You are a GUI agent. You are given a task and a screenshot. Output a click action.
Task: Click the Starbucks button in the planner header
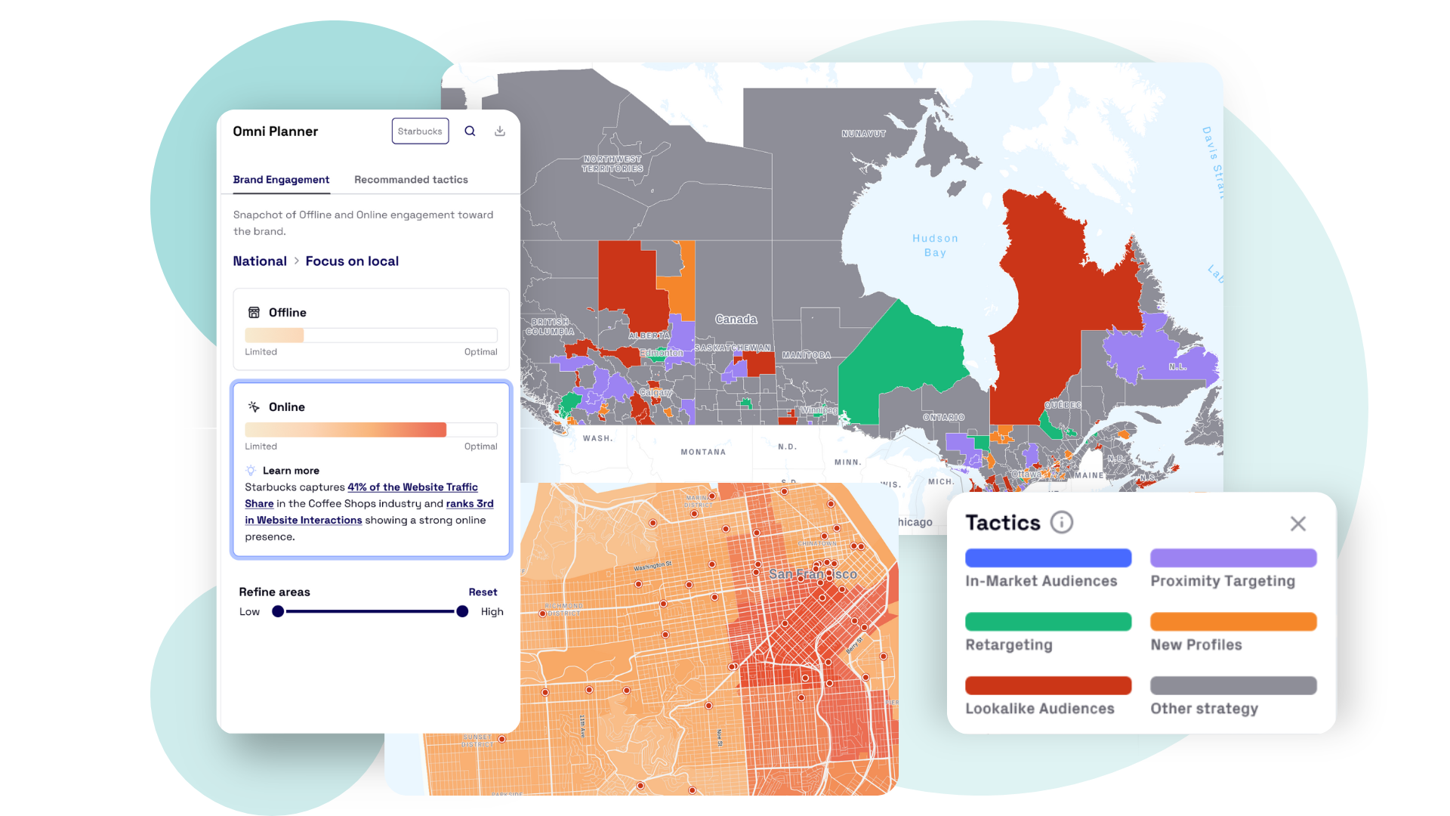pos(420,131)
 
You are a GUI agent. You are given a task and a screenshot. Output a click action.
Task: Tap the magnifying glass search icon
pos(470,131)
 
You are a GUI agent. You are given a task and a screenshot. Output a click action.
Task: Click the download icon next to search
pos(500,131)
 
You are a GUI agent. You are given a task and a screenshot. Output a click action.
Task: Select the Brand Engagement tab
pos(281,180)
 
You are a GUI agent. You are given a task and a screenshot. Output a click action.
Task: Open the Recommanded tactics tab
pos(411,180)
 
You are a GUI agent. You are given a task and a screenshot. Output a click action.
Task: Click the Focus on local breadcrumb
pos(352,261)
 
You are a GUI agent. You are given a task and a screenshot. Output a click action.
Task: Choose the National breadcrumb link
pos(260,261)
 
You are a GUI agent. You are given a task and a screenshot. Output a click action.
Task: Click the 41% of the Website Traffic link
pos(412,487)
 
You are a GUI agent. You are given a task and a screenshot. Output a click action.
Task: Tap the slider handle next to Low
pos(278,612)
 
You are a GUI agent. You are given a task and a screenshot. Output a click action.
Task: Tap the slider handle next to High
pos(462,612)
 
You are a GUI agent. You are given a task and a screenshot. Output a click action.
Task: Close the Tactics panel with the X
pos(1297,524)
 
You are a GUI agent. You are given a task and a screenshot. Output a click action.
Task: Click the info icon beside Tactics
pos(1061,523)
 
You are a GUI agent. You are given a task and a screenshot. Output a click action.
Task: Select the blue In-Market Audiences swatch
pos(1048,558)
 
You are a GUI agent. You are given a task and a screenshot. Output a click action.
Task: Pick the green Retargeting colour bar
pos(1048,622)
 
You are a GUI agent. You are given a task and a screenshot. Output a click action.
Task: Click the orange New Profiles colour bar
pos(1233,622)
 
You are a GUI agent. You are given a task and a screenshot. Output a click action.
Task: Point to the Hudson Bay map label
pos(935,246)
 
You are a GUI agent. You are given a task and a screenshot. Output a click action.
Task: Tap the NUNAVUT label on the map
pos(863,134)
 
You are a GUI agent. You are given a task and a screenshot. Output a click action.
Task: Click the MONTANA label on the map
pos(703,453)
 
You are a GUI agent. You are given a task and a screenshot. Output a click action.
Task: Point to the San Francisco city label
pos(813,574)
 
